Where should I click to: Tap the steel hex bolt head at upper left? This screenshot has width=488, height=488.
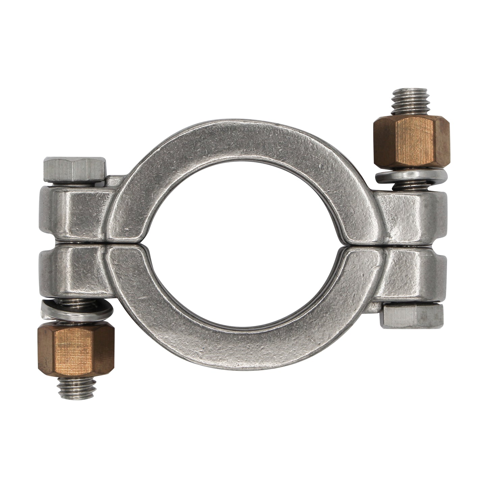[75, 168]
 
